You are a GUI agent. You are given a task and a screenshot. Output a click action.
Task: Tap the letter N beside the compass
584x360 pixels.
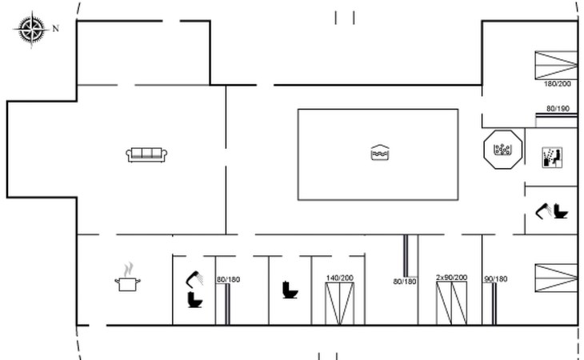pos(56,29)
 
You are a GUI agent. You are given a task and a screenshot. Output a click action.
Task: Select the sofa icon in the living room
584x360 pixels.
pos(147,154)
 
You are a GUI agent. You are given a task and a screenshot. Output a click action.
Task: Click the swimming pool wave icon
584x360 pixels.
pos(380,153)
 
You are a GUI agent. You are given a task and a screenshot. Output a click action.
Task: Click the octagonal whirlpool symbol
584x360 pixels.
pos(503,150)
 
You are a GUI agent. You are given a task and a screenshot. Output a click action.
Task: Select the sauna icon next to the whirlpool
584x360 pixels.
pos(552,156)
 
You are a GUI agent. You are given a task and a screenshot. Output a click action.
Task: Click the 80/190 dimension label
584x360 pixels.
pos(558,108)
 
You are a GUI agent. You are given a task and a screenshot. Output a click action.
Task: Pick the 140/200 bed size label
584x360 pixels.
pos(338,278)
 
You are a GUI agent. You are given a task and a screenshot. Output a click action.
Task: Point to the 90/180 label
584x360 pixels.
pos(495,279)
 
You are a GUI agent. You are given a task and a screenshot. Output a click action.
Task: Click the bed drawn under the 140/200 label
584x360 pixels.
pos(338,304)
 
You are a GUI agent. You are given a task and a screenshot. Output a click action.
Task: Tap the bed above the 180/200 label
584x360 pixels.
pos(556,65)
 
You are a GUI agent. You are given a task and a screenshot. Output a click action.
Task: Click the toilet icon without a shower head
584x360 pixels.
pos(290,290)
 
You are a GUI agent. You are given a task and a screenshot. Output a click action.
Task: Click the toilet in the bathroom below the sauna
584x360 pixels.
pos(560,212)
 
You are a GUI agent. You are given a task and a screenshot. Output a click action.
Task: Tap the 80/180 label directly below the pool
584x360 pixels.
pos(405,281)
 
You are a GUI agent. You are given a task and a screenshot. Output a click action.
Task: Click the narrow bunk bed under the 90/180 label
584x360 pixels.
pos(495,305)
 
